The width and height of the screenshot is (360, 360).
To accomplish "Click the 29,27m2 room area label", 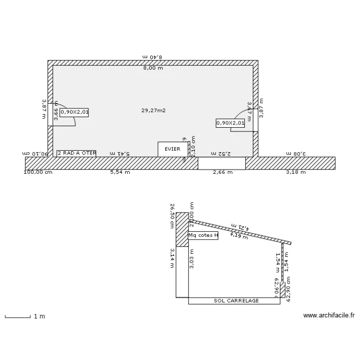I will click(x=153, y=110).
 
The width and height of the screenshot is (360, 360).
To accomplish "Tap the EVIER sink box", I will click(x=172, y=149).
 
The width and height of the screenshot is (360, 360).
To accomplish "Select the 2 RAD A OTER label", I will click(x=76, y=153).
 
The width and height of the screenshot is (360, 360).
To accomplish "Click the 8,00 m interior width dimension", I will click(x=153, y=68).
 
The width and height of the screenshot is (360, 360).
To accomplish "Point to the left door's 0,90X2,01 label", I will click(x=74, y=112).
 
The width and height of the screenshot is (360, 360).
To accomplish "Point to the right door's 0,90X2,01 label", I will click(x=230, y=123).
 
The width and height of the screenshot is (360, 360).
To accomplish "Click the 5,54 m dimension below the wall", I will click(x=120, y=172).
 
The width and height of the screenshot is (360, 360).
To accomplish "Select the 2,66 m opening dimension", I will click(x=223, y=172).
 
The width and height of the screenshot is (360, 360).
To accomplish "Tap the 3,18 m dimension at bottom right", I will click(x=296, y=172).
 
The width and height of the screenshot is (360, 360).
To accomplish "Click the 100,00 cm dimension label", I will click(x=38, y=172).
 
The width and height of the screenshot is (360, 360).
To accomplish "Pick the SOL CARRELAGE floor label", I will click(x=236, y=301).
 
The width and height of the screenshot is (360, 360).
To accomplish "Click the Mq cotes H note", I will click(x=203, y=235).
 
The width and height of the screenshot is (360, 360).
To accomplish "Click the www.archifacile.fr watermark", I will click(x=329, y=315).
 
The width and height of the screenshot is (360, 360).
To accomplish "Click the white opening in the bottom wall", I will click(x=222, y=163).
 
